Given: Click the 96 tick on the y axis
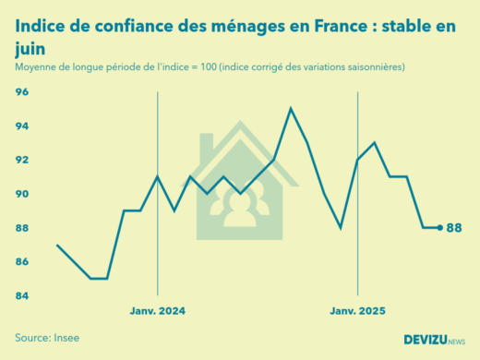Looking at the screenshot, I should (22, 92).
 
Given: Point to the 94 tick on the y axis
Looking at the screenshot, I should (22, 126).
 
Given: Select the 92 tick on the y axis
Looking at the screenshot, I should (22, 160).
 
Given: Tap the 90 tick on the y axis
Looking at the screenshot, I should (22, 194).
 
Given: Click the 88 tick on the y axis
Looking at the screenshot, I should (22, 228).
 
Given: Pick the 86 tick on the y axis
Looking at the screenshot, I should (22, 262).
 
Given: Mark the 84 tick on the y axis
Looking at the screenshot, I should (22, 296).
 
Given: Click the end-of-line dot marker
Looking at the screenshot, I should (439, 227).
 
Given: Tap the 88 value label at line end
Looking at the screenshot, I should (454, 228).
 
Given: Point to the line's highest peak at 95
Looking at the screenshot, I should (291, 109).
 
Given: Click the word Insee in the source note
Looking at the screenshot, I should (65, 338).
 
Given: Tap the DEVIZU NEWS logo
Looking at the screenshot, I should (434, 340).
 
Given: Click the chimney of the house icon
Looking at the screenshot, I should (206, 143).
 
